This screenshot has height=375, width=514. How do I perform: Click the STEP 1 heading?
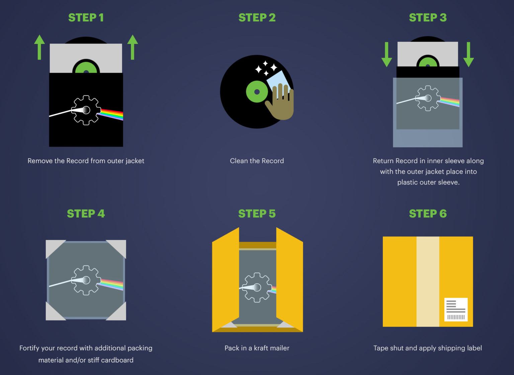[86, 17]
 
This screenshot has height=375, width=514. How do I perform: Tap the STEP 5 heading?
[257, 214]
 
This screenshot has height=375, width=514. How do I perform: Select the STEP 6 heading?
[428, 214]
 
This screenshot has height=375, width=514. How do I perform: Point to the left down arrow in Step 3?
[387, 55]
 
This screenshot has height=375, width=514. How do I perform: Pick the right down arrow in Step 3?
[468, 55]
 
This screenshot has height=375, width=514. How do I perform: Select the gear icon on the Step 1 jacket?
[86, 110]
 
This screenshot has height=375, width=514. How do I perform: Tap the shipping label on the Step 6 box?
[456, 309]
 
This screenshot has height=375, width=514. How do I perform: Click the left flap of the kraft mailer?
[226, 280]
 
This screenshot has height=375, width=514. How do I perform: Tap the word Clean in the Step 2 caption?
[239, 161]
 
